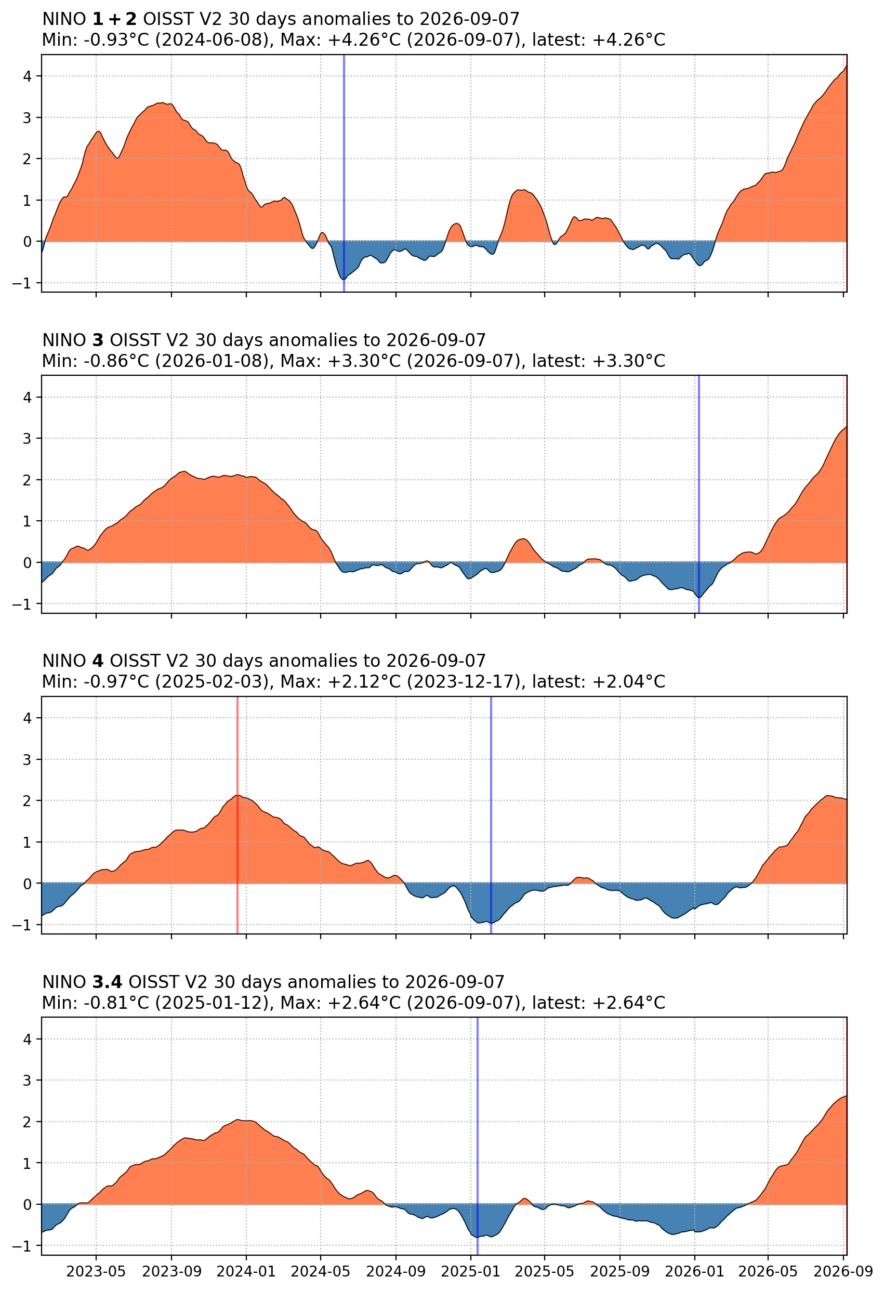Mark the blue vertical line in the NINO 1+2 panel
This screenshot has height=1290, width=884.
344,173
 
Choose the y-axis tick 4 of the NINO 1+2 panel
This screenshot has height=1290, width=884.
28,76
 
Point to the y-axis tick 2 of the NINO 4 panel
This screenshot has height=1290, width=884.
28,801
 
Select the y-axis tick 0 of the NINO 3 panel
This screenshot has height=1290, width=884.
28,563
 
